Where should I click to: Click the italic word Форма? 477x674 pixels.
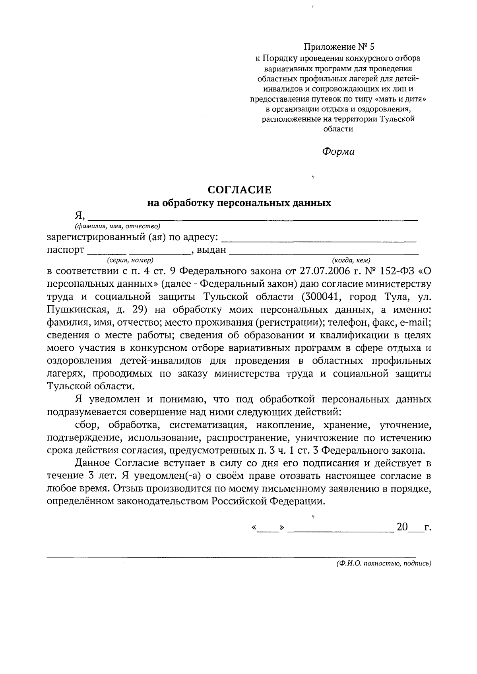(338, 152)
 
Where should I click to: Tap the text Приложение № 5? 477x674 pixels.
(339, 47)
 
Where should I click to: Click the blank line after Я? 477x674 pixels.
(252, 217)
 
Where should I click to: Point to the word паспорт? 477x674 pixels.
(66, 250)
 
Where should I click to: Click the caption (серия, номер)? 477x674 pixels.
(130, 260)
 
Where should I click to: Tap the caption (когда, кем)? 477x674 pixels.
(351, 260)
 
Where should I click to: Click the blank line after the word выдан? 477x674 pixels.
(324, 251)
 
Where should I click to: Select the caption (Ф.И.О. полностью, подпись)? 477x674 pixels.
(384, 563)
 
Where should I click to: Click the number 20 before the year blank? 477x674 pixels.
(402, 527)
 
